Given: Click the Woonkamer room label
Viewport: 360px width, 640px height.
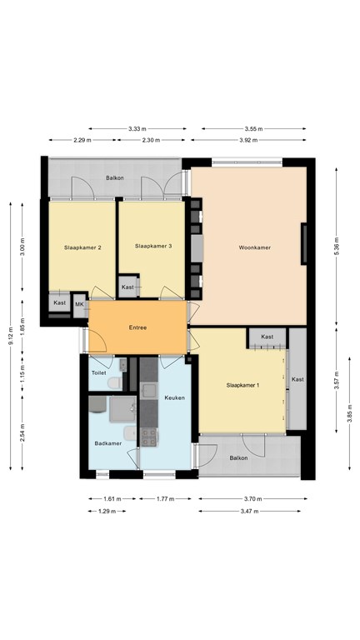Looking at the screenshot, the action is pyautogui.click(x=255, y=247).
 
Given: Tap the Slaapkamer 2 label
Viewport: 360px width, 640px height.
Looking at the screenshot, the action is pyautogui.click(x=82, y=247).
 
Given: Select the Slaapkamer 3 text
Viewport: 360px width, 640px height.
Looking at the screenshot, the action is pyautogui.click(x=153, y=246).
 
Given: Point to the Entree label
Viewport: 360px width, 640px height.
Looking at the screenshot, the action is pyautogui.click(x=137, y=327).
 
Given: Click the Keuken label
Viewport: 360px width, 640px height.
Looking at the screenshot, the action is pyautogui.click(x=175, y=397).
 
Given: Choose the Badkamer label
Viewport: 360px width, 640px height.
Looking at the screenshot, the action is pyautogui.click(x=108, y=443).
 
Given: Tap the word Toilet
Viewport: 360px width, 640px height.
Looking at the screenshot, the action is pyautogui.click(x=99, y=372).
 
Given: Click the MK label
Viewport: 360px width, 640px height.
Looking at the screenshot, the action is pyautogui.click(x=79, y=304).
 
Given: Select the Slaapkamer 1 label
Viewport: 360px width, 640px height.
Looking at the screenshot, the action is pyautogui.click(x=242, y=385).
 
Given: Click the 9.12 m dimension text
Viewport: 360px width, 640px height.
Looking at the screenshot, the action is pyautogui.click(x=11, y=336).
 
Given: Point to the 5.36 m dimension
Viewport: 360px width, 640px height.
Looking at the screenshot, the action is pyautogui.click(x=337, y=246).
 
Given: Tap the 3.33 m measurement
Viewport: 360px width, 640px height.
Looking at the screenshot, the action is pyautogui.click(x=137, y=128).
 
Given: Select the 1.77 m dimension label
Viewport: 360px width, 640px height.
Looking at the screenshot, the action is pyautogui.click(x=165, y=498).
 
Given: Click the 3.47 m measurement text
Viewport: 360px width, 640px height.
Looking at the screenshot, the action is pyautogui.click(x=249, y=511).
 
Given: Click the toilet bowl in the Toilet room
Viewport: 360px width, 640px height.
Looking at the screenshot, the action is pyautogui.click(x=115, y=382).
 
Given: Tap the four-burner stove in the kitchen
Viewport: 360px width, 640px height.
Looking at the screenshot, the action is pyautogui.click(x=149, y=437).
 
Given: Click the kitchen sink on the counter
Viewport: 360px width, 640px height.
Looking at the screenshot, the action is pyautogui.click(x=149, y=390).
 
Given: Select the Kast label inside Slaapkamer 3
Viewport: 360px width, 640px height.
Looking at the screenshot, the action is pyautogui.click(x=127, y=287).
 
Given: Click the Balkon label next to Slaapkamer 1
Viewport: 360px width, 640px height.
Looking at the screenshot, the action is pyautogui.click(x=239, y=458).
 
